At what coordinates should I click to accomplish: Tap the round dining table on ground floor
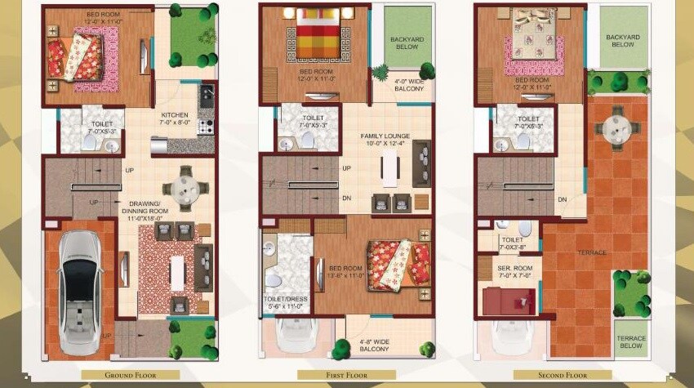pos(185,189)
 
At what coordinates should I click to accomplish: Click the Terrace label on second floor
pos(594,252)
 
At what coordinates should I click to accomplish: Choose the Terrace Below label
pos(630,342)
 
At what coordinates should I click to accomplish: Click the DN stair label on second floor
pos(563,199)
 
